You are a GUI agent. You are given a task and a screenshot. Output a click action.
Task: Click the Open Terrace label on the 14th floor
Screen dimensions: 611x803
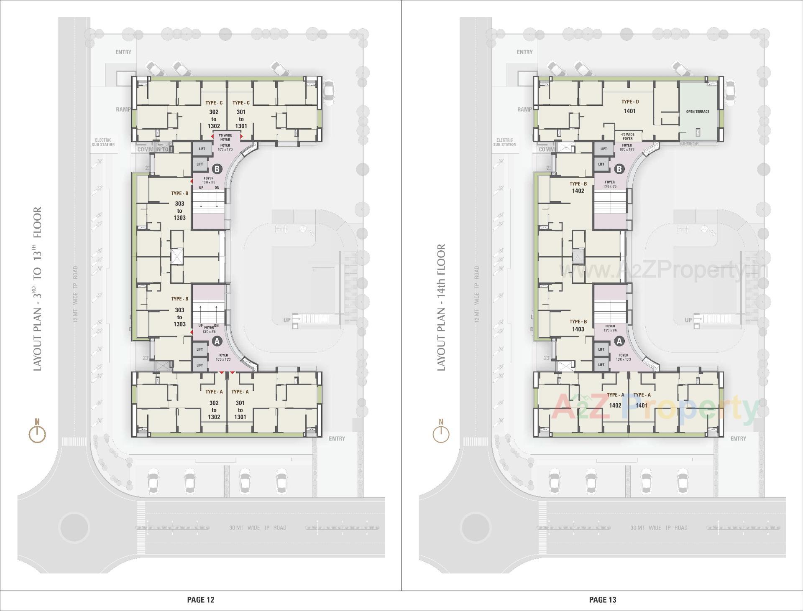point(697,112)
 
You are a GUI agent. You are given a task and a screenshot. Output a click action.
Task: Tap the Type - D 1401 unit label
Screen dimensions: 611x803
point(629,107)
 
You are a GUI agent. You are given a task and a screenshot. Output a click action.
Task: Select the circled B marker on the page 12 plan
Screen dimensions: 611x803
point(217,169)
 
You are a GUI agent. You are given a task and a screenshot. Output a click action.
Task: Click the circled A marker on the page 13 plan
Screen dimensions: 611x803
point(619,341)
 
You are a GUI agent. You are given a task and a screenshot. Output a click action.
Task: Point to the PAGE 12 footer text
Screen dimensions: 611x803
point(201,600)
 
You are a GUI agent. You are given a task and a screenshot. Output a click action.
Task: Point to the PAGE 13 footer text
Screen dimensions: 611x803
point(602,600)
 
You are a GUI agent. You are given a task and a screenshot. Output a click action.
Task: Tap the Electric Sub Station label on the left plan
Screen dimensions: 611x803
point(103,142)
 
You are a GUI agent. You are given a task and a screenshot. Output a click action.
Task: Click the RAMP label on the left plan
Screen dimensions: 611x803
point(123,109)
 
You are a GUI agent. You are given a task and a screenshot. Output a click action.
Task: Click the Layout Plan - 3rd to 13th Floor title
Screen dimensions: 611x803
point(37,288)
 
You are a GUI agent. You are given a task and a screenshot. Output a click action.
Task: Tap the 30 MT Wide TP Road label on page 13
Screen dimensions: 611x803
point(659,528)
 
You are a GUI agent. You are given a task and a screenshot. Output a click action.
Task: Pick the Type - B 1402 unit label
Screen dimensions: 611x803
point(578,187)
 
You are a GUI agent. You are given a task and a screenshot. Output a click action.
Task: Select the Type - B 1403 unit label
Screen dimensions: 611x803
point(578,326)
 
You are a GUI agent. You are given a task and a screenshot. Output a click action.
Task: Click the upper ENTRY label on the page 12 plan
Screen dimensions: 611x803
point(123,52)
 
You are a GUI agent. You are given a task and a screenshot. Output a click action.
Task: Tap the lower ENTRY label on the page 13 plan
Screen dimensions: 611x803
point(738,438)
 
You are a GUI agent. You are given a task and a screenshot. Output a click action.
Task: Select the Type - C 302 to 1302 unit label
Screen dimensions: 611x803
point(214,115)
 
